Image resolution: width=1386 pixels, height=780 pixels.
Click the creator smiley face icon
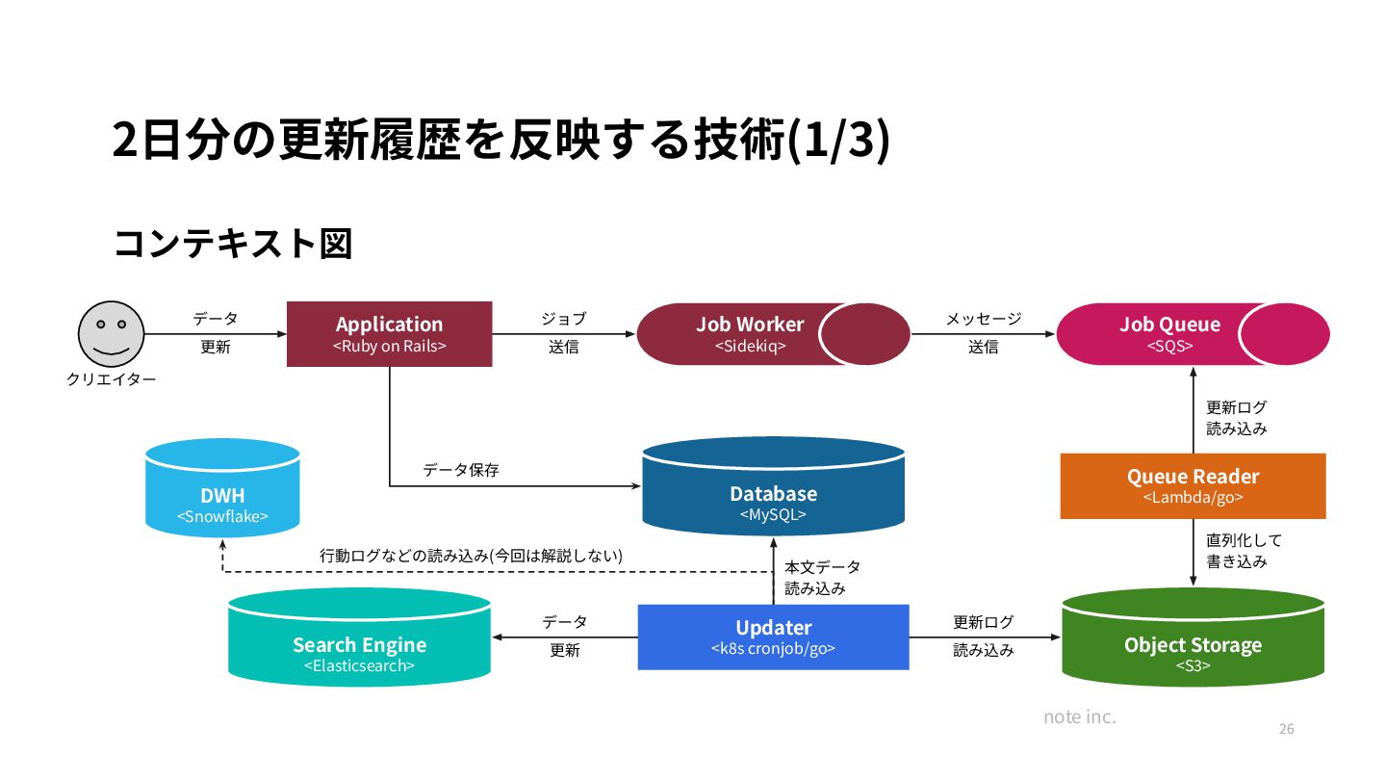(111, 333)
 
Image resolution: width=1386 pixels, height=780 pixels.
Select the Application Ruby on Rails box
(389, 334)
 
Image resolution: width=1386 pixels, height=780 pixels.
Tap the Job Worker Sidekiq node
(751, 334)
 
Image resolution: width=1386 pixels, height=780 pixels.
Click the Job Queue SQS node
(1169, 334)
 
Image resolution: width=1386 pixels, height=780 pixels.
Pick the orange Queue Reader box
(1193, 486)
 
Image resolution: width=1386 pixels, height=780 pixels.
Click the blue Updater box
(773, 637)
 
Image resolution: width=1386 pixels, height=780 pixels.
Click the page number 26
(1286, 729)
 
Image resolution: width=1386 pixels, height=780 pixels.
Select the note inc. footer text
(1080, 717)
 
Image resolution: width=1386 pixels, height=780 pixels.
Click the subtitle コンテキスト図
(233, 244)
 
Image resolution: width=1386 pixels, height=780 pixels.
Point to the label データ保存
(461, 471)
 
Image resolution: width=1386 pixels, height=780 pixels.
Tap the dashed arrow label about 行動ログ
(471, 556)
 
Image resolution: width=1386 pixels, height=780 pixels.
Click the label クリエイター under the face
(111, 379)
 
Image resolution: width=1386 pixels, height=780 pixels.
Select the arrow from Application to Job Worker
(564, 334)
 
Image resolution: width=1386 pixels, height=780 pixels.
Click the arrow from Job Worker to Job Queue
(983, 334)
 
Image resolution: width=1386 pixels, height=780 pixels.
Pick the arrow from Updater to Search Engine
(565, 637)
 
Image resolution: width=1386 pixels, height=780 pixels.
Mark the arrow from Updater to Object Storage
(984, 637)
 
